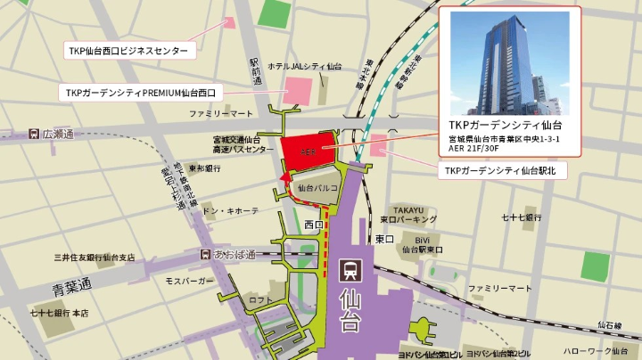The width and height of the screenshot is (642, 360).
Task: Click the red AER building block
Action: (x=307, y=151)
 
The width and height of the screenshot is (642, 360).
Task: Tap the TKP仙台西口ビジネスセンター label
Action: (x=128, y=51)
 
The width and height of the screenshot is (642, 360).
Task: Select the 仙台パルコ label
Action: (x=318, y=188)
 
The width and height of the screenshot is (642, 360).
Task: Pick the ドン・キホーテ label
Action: (x=231, y=211)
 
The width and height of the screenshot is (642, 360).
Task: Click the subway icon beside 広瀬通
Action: (x=33, y=134)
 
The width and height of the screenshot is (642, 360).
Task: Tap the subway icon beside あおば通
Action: (x=206, y=255)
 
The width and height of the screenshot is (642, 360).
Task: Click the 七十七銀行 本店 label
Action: (x=59, y=314)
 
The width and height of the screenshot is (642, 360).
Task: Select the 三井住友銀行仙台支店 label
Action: (x=94, y=258)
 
